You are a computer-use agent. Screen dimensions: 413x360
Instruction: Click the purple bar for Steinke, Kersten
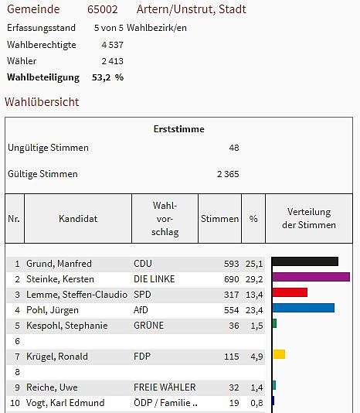pos(311,277)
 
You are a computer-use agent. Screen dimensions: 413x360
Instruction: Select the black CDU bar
pos(305,261)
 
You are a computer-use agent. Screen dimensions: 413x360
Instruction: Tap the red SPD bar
pos(290,292)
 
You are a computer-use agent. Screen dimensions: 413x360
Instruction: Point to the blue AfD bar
pos(303,308)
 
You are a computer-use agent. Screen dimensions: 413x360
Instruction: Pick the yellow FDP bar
pos(279,354)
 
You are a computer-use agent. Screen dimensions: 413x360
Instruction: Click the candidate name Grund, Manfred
pos(59,264)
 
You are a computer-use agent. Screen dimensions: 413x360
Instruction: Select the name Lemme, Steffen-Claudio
pos(76,295)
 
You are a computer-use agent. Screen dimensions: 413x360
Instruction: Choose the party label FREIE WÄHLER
pos(165,387)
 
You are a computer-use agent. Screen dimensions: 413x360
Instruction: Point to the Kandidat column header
pos(78,219)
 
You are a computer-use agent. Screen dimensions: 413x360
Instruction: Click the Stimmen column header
pos(219,219)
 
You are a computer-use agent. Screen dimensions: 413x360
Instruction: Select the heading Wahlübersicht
pos(42,102)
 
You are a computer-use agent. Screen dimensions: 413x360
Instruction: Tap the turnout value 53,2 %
pos(107,77)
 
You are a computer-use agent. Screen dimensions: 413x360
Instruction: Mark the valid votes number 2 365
pos(228,174)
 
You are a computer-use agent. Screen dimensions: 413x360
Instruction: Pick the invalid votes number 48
pos(234,148)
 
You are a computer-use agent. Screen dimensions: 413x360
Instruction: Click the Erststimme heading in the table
pos(179,129)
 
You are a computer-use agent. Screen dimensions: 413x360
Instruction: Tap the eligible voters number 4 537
pos(112,45)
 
